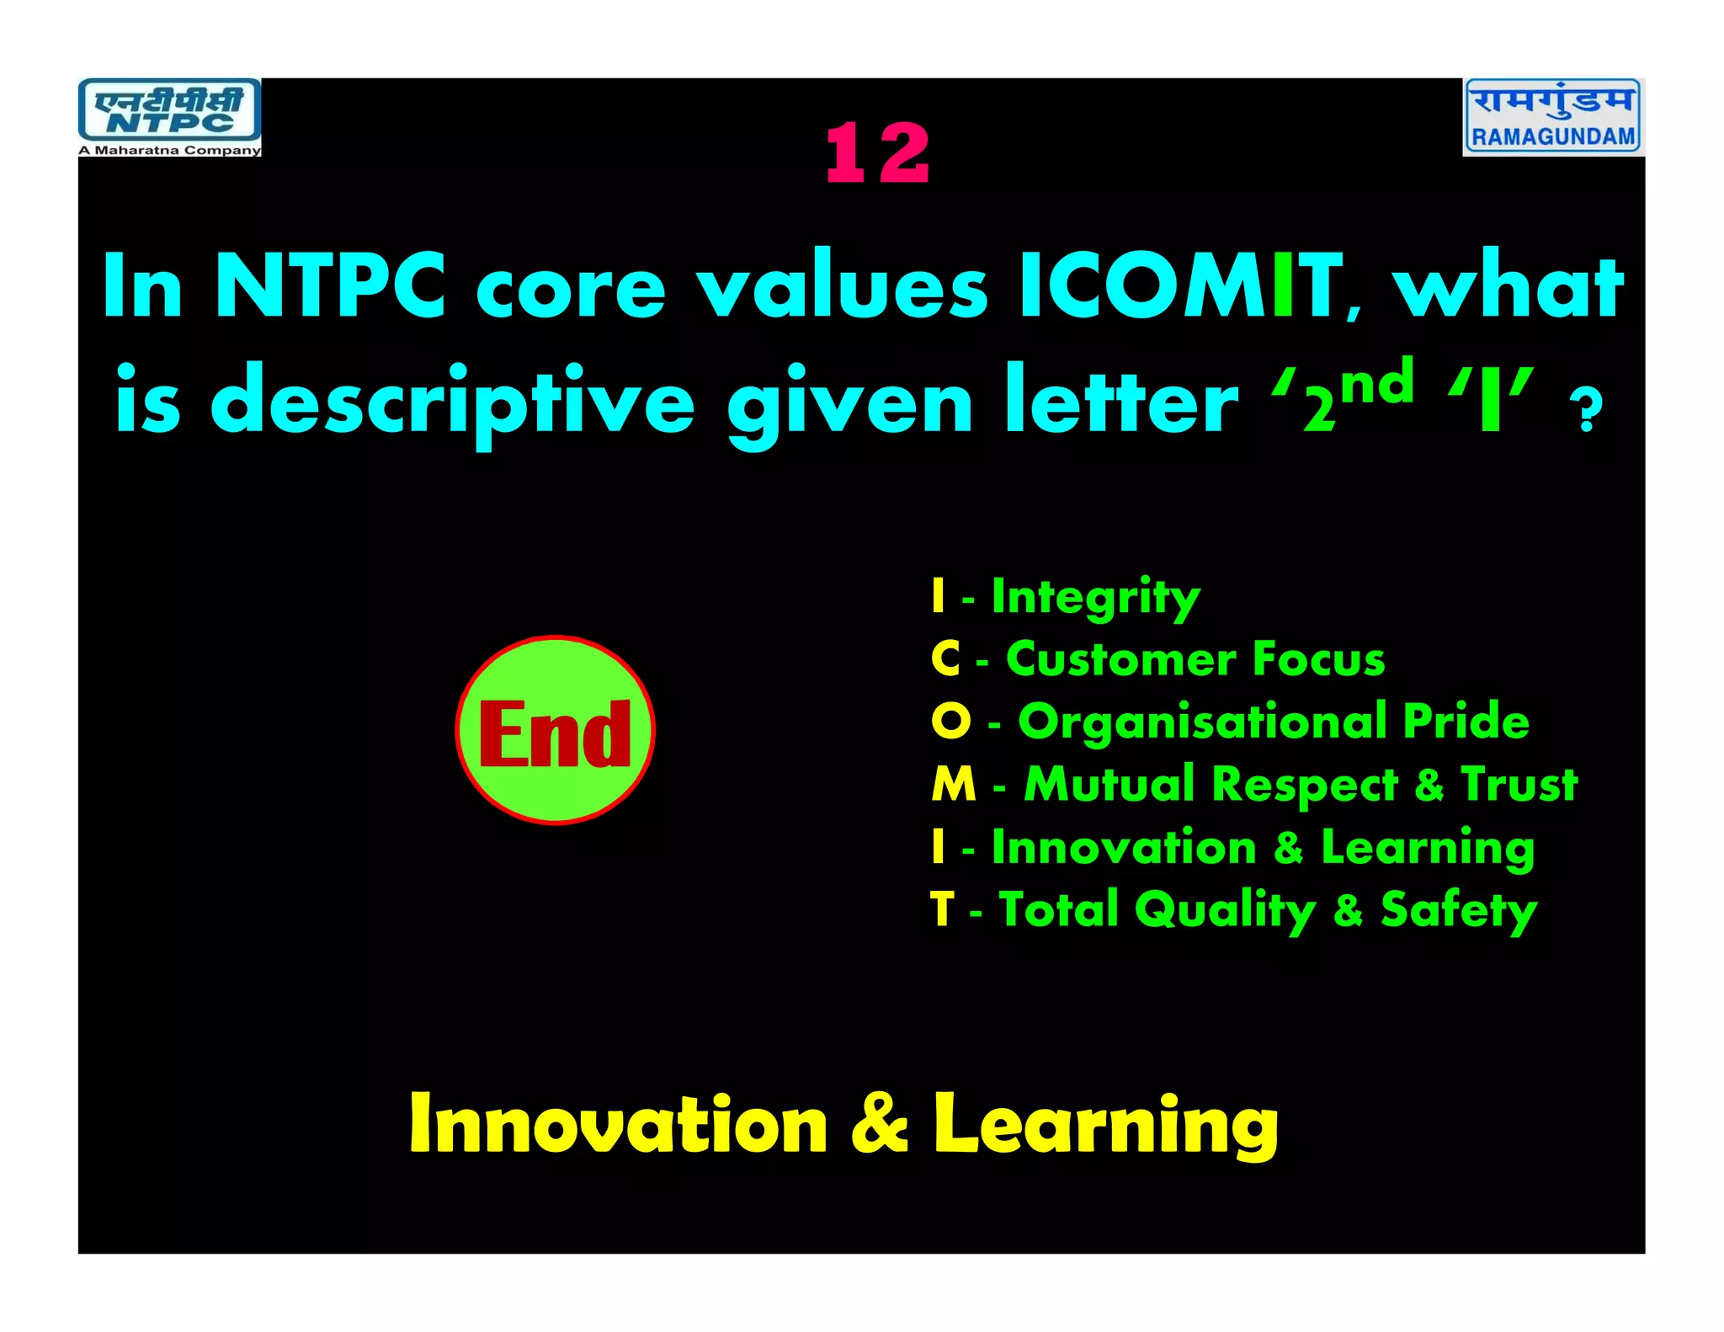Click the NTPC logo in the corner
tap(169, 111)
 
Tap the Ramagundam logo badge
tap(1553, 116)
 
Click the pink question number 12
tap(878, 153)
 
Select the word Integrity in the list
tap(1095, 598)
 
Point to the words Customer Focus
tap(1195, 659)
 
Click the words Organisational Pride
tap(1273, 722)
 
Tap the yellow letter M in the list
tap(954, 785)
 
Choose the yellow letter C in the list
tap(945, 659)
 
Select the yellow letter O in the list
tap(951, 722)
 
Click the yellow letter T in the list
tap(942, 910)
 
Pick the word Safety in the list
tap(1458, 910)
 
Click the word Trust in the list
tap(1519, 785)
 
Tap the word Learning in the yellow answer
tap(1105, 1126)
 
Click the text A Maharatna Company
tap(169, 151)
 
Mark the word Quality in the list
tap(1225, 910)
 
